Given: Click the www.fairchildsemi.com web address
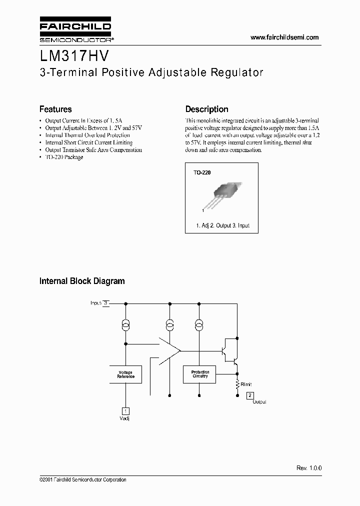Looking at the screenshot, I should (x=284, y=37).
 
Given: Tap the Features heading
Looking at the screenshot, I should (x=55, y=109).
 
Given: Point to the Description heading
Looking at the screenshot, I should (x=206, y=109).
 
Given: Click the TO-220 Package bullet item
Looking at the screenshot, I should (x=64, y=157).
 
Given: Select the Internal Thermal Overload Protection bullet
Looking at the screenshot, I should (x=87, y=135).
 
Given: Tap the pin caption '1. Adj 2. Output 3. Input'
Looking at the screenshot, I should (x=223, y=225).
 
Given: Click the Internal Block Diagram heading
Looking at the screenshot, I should (x=82, y=281).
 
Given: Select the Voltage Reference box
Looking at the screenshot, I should (x=125, y=374).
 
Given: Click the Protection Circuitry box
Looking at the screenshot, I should (x=200, y=374).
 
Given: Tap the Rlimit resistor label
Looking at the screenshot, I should (x=246, y=384).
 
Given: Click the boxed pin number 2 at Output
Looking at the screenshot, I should (x=250, y=395).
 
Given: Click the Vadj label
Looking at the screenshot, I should (x=126, y=418).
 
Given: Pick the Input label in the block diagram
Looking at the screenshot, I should (x=96, y=303).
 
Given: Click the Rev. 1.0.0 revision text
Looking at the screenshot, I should (x=309, y=468).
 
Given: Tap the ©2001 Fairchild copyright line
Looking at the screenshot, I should (x=82, y=479).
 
